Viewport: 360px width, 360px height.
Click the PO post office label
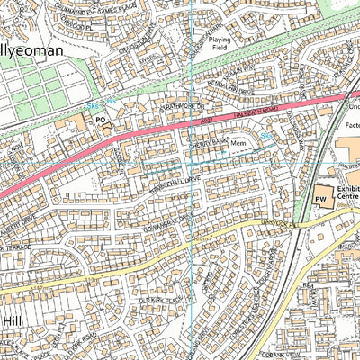point(101,118)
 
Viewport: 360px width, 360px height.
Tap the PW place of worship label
point(320,198)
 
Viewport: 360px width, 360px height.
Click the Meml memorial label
point(238,143)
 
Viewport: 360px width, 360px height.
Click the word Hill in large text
point(11,320)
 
